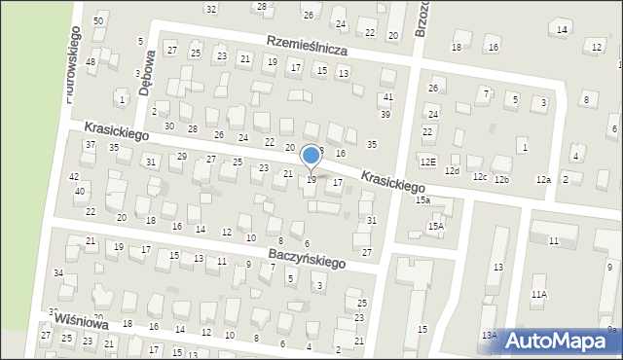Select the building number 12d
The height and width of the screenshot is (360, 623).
pyautogui.click(x=452, y=171)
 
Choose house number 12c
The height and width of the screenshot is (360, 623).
pyautogui.click(x=479, y=176)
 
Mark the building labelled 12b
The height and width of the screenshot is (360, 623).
pyautogui.click(x=500, y=180)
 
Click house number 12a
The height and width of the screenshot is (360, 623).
pyautogui.click(x=543, y=180)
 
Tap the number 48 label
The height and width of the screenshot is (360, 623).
pyautogui.click(x=91, y=62)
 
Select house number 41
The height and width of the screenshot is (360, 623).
pyautogui.click(x=387, y=97)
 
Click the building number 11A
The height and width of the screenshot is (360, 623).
pyautogui.click(x=538, y=294)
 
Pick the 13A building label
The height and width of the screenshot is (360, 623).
pyautogui.click(x=489, y=336)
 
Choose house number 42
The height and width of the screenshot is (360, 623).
pyautogui.click(x=74, y=176)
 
